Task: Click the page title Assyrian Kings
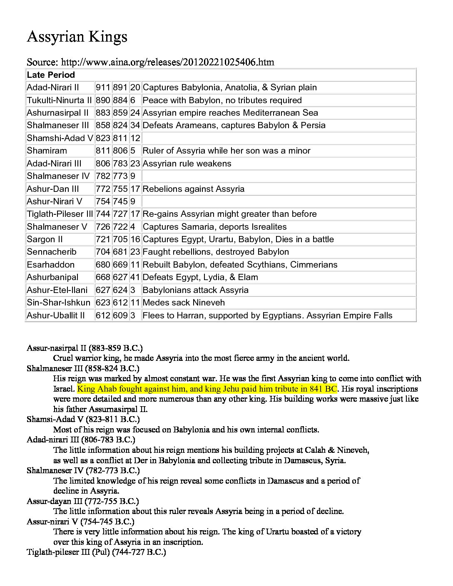coord(77,37)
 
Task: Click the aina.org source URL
coord(167,62)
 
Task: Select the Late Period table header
coord(51,75)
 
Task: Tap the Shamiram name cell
coord(47,151)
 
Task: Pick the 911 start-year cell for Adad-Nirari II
coord(103,88)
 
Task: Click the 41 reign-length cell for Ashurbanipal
coord(135,277)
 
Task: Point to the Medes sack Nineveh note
coord(183,303)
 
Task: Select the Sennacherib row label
coord(52,252)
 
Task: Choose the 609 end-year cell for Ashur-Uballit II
coord(120,315)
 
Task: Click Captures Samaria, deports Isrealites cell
coord(214,227)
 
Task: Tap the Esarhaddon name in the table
coord(50,265)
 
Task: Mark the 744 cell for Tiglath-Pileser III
coord(103,214)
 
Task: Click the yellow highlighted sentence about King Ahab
coord(207,389)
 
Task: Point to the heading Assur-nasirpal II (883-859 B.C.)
coord(85,348)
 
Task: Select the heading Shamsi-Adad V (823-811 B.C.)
coord(83,419)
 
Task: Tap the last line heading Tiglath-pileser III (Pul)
coord(96,552)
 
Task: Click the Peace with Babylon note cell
coord(222,100)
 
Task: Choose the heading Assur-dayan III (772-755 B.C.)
coord(82,501)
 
